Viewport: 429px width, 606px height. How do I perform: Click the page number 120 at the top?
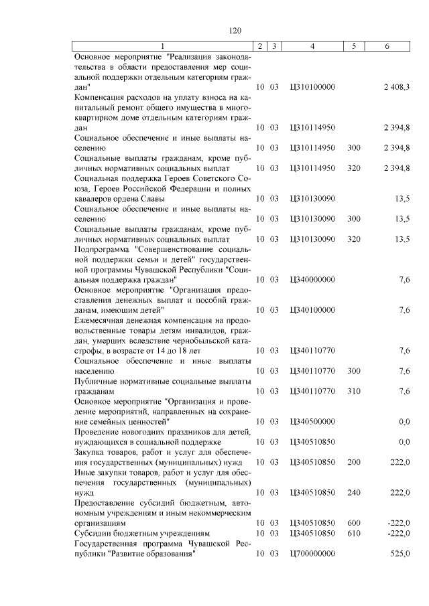pos(235,30)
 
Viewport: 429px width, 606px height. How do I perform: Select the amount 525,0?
pos(400,554)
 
